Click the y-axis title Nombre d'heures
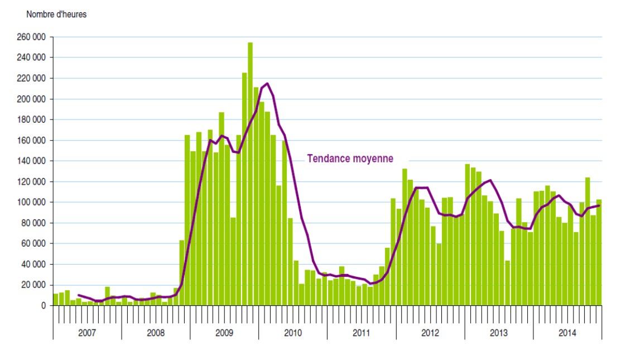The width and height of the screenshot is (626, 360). pos(56,14)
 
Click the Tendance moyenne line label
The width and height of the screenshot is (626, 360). pos(350,159)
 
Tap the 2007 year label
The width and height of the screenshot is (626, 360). pos(87,333)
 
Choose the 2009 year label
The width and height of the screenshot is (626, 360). pos(224,333)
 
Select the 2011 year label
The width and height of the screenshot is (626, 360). pos(361,333)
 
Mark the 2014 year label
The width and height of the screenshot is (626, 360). pos(567,333)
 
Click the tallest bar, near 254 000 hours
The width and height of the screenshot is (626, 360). pos(250,174)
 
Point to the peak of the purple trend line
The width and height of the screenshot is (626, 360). pos(267,84)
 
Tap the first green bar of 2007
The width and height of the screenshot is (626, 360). pos(56,299)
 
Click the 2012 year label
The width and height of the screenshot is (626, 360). pos(430,333)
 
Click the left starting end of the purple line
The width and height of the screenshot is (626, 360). pos(78,295)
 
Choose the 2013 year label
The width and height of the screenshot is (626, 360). pos(498,333)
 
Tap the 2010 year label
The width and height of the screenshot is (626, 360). pos(292,333)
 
